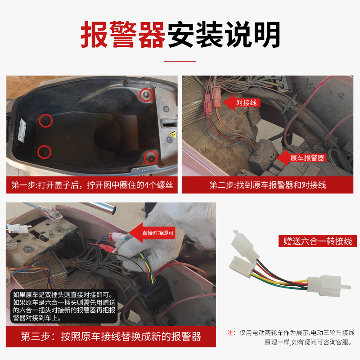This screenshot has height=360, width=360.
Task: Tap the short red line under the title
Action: click(x=180, y=61)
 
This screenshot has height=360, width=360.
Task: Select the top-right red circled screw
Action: click(x=144, y=94)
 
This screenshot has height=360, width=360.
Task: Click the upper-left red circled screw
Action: click(x=45, y=120)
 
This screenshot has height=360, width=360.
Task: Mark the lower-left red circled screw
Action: click(x=44, y=152)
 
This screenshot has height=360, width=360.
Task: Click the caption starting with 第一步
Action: click(x=92, y=185)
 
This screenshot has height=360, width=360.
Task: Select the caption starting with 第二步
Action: click(x=268, y=185)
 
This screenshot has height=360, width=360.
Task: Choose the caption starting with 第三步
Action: click(x=111, y=337)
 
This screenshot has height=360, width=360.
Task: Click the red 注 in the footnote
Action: click(x=230, y=333)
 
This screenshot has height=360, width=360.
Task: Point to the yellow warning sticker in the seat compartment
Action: click(x=172, y=135)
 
